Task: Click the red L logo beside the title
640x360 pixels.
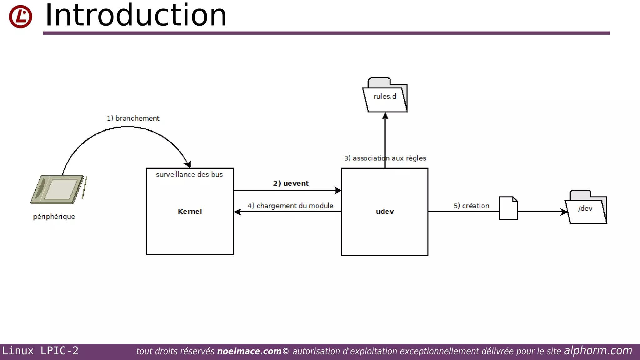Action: (20, 17)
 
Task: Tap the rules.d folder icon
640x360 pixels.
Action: (385, 96)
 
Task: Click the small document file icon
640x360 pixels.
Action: (508, 208)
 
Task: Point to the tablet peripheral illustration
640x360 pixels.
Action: (58, 189)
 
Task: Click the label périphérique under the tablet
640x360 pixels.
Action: (54, 217)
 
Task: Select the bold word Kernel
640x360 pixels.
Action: (190, 212)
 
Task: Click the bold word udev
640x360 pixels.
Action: (385, 212)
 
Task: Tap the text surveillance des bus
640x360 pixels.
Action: (189, 175)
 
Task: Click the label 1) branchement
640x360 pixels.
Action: (133, 118)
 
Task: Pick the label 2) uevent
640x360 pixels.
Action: (291, 183)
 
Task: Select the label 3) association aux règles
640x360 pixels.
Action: (385, 158)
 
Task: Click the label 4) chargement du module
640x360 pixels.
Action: (290, 206)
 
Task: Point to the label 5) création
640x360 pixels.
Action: (471, 206)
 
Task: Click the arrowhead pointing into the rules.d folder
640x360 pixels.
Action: (385, 116)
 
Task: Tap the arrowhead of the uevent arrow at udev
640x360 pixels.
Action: (338, 190)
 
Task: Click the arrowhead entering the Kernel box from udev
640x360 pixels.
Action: (237, 212)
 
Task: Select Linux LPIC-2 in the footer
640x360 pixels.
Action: (40, 351)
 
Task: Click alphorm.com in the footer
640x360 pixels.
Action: (598, 351)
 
